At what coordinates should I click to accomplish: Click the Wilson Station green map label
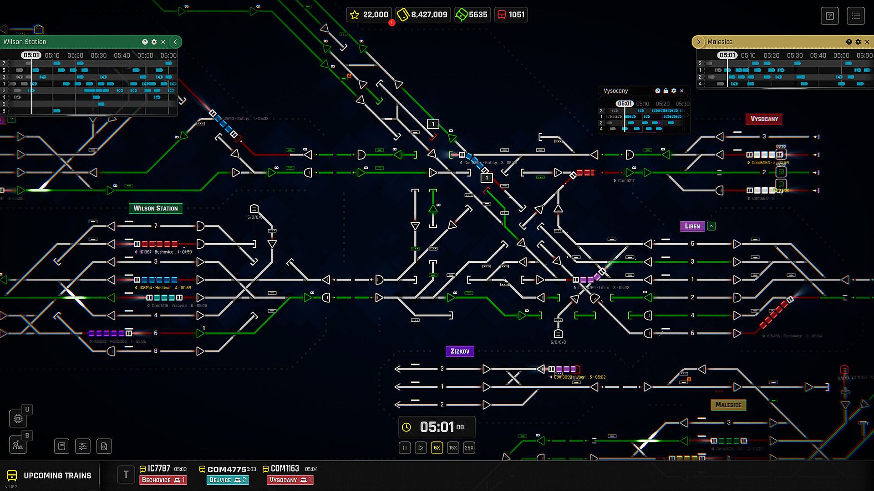point(156,208)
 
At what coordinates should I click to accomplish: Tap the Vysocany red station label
point(764,119)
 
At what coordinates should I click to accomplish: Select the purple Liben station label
point(692,226)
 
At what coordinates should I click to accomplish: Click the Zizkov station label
point(460,351)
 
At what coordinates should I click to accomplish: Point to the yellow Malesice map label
point(728,405)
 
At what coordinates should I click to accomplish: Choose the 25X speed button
point(469,448)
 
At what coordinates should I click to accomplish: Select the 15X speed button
point(453,448)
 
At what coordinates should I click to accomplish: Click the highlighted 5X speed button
point(437,448)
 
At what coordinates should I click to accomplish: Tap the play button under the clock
point(421,448)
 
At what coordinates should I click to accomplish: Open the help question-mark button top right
point(829,16)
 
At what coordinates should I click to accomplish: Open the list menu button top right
point(856,16)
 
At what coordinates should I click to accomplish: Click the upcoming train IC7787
point(159,469)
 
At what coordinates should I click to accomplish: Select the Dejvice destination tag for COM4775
point(227,480)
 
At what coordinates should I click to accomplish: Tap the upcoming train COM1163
point(285,469)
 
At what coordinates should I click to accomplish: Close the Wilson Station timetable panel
point(163,42)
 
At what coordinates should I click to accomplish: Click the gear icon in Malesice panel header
point(858,42)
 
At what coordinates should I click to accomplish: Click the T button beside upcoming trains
point(126,475)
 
